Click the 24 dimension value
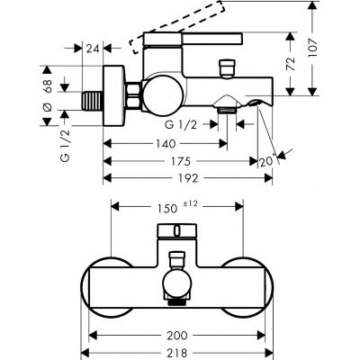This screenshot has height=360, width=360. [x=93, y=50]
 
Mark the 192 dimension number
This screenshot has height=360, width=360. [x=189, y=178]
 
